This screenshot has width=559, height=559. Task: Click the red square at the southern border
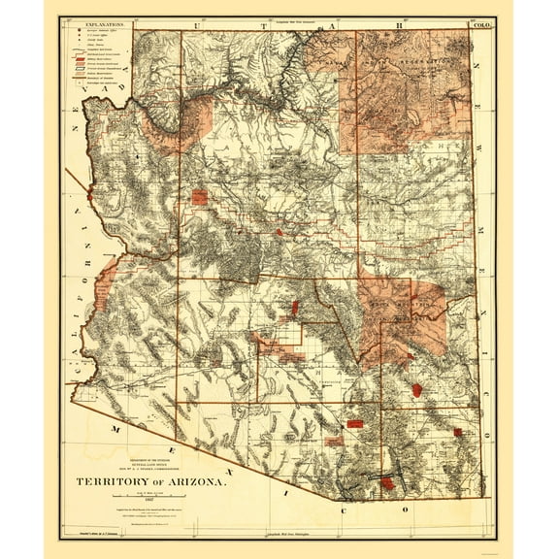click(x=387, y=482)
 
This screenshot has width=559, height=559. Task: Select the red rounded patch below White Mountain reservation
click(x=416, y=389)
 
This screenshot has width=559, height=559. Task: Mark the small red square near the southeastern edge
click(x=457, y=432)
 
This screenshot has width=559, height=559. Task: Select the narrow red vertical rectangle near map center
click(x=294, y=308)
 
